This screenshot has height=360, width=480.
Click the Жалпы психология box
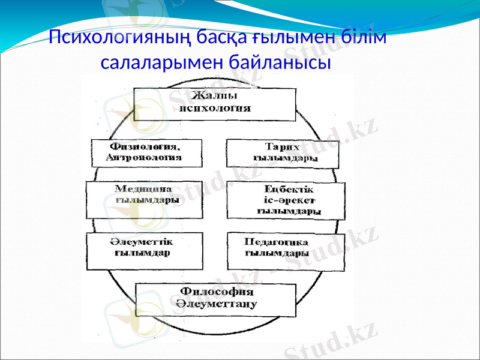(x=215, y=104)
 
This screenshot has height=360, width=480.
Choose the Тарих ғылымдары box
(x=282, y=153)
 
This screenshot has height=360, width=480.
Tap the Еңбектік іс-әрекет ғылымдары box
(x=286, y=200)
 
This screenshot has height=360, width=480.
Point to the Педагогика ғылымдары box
(x=285, y=250)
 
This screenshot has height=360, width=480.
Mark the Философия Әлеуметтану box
(x=215, y=300)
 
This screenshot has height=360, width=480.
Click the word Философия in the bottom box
(x=217, y=293)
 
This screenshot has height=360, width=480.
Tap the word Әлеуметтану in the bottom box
(x=217, y=306)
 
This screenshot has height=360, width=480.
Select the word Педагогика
(x=277, y=242)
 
